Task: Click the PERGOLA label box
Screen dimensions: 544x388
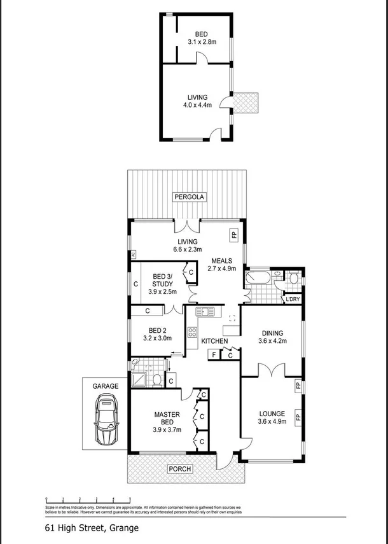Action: click(189, 197)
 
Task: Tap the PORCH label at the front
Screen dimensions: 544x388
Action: click(180, 469)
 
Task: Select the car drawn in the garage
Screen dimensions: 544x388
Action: click(105, 421)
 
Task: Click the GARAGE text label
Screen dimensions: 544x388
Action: click(106, 386)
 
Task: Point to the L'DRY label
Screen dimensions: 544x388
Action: click(293, 298)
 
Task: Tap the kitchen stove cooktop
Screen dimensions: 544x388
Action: click(191, 331)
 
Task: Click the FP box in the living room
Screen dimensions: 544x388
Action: click(233, 235)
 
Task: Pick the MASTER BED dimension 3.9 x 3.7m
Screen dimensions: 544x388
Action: click(167, 429)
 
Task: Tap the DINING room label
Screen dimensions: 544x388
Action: click(272, 333)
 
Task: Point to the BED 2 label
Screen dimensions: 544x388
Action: click(157, 330)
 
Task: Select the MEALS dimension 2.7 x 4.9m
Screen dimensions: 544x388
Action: click(221, 269)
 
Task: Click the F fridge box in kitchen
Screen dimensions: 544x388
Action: click(214, 355)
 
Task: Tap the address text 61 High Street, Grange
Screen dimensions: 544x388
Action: click(91, 527)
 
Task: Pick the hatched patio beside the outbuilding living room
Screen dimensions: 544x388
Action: click(245, 102)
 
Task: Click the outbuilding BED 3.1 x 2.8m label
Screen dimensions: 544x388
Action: click(202, 38)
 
